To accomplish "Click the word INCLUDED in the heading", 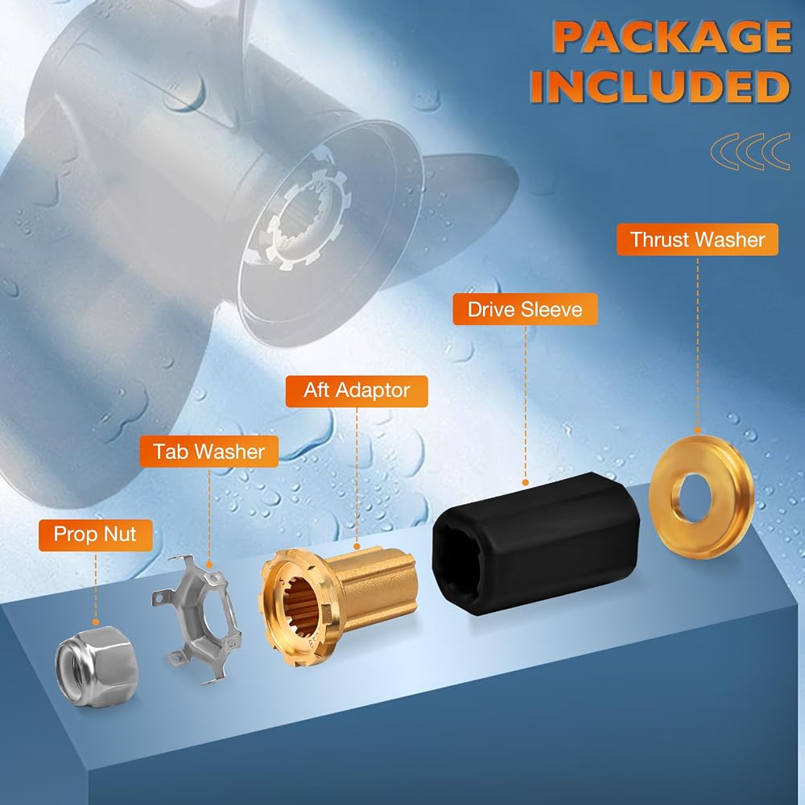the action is pyautogui.click(x=660, y=86).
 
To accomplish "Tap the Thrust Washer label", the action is pyautogui.click(x=697, y=239).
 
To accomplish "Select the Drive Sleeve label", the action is pyautogui.click(x=525, y=309).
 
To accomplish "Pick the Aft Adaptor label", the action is pyautogui.click(x=357, y=390).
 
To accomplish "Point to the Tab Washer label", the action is pyautogui.click(x=209, y=452).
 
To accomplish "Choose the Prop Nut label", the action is pyautogui.click(x=95, y=535).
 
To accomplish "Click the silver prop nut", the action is pyautogui.click(x=97, y=666).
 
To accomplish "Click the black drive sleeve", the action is pyautogui.click(x=535, y=543).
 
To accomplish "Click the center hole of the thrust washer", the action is pyautogui.click(x=691, y=497).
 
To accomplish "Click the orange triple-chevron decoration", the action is pyautogui.click(x=750, y=151).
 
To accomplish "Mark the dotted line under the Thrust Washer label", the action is pyautogui.click(x=697, y=344).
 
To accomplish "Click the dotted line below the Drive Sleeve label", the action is pyautogui.click(x=525, y=404).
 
